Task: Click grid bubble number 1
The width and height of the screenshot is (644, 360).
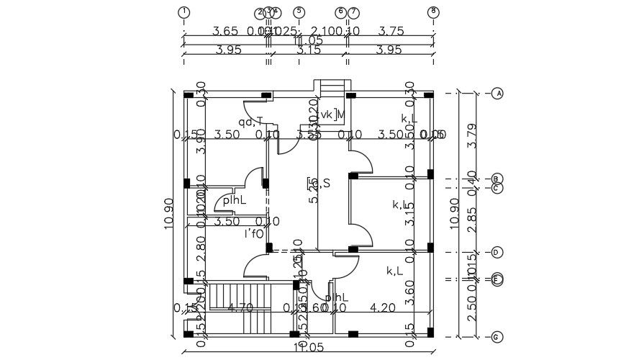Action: (x=184, y=12)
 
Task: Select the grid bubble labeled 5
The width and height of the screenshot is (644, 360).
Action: (x=299, y=12)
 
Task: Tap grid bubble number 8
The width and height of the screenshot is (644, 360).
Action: (x=433, y=12)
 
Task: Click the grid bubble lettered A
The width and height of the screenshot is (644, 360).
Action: (x=497, y=94)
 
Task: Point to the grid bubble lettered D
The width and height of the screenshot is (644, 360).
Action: (x=497, y=252)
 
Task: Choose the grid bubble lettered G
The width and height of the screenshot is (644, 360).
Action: (x=497, y=337)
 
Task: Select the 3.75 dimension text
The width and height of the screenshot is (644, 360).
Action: (x=391, y=31)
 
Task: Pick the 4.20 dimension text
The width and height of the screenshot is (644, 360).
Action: (x=383, y=307)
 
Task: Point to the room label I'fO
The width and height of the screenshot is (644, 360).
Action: (x=253, y=233)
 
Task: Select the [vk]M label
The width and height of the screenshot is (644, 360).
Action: (x=332, y=114)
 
